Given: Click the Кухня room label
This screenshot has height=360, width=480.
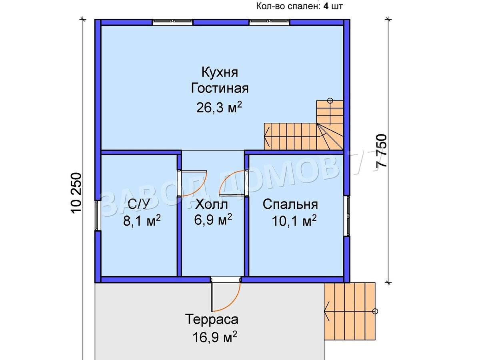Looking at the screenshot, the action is pyautogui.click(x=220, y=72).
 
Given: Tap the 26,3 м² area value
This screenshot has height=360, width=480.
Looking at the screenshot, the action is pyautogui.click(x=219, y=107).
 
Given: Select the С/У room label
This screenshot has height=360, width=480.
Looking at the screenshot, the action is pyautogui.click(x=139, y=204).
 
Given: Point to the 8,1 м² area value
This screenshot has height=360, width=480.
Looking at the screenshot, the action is pyautogui.click(x=142, y=220).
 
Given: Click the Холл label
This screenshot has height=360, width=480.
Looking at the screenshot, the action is pyautogui.click(x=212, y=204).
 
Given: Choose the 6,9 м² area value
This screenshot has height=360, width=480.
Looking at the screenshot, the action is pyautogui.click(x=213, y=220).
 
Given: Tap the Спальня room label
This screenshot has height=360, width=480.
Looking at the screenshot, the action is pyautogui.click(x=290, y=204).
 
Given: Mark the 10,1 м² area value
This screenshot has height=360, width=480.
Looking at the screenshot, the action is pyautogui.click(x=294, y=221).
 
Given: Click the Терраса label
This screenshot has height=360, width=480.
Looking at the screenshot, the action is pyautogui.click(x=212, y=319).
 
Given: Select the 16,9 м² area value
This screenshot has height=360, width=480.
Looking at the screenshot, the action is pyautogui.click(x=215, y=337).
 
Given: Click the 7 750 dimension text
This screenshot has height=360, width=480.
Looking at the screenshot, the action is pyautogui.click(x=381, y=151).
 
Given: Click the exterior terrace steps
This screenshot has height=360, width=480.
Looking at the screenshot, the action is pyautogui.click(x=350, y=314).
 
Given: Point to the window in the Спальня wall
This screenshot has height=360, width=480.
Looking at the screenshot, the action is pyautogui.click(x=347, y=216).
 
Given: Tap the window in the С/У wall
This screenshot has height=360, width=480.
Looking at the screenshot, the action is pyautogui.click(x=98, y=215).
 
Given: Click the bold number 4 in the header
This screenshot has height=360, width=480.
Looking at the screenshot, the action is pyautogui.click(x=326, y=6).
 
